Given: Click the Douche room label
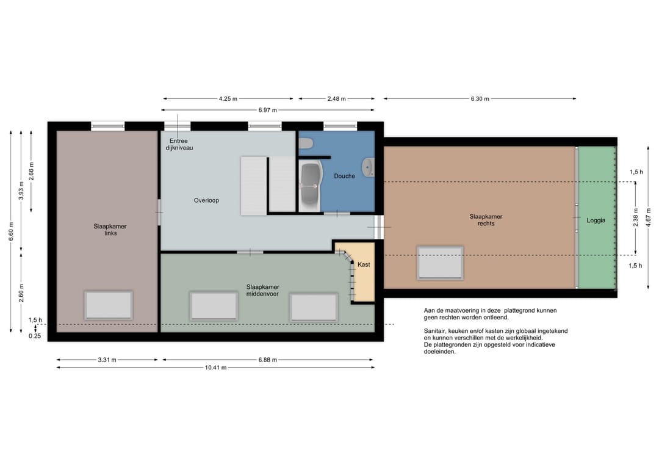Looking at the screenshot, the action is tap(344, 177).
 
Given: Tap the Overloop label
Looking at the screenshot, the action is tap(206, 200).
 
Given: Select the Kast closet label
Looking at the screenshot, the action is tap(364, 264).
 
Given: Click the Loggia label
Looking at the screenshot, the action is tap(596, 220).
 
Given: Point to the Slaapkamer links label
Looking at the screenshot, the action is tap(110, 230).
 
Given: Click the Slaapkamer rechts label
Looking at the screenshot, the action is tap(486, 220).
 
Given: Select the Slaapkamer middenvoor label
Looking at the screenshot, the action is tap(262, 291).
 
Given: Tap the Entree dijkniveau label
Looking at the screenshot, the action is tap(179, 144).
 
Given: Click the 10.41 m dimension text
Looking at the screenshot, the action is tap(215, 368).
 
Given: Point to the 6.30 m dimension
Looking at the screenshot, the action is tap(480, 99).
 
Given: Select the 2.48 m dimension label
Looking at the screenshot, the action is tap(337, 99).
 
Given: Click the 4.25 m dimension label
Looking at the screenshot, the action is tap(228, 99).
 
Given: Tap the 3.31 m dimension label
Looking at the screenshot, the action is tap(107, 360).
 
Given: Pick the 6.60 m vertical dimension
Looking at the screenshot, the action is tap(11, 231).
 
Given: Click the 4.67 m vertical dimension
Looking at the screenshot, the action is tap(649, 217).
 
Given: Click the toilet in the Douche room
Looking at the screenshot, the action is tap(306, 144).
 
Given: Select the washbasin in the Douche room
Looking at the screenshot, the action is tap(368, 167).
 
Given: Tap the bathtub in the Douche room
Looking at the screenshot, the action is tap(310, 186).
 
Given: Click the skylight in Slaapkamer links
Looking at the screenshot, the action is tap(109, 305).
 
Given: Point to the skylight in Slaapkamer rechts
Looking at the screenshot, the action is tap(440, 263).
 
